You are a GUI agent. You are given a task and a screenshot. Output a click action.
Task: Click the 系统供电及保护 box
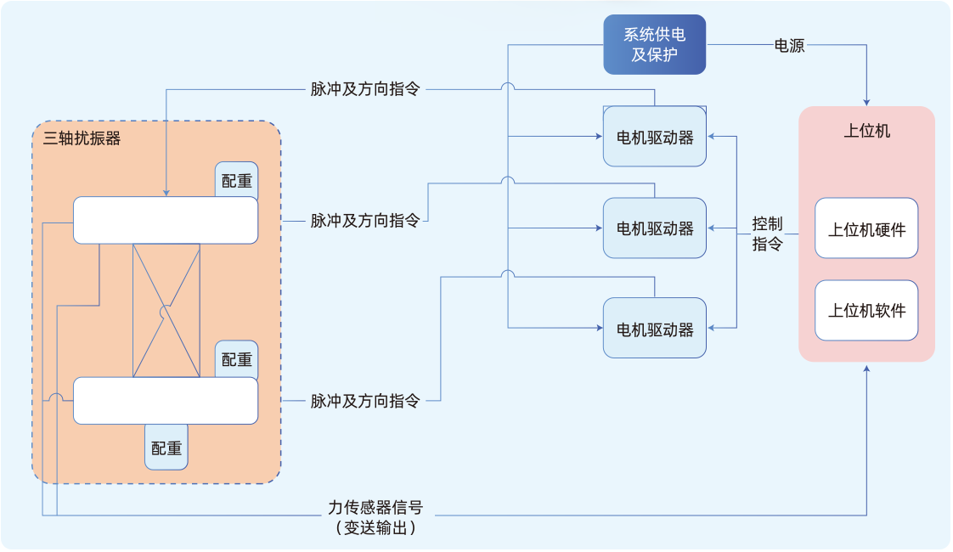pyautogui.click(x=654, y=44)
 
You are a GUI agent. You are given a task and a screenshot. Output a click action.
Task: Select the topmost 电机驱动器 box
pyautogui.click(x=654, y=137)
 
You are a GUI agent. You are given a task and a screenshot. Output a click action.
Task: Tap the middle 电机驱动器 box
pyautogui.click(x=654, y=228)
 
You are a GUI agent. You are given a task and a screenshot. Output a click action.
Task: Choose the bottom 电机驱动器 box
pyautogui.click(x=654, y=329)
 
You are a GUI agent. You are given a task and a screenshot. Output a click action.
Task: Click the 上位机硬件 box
pyautogui.click(x=866, y=228)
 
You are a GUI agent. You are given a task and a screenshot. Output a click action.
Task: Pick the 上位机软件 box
pyautogui.click(x=866, y=311)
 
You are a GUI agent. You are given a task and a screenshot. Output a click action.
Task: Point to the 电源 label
pyautogui.click(x=789, y=46)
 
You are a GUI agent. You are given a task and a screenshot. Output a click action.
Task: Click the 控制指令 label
pyautogui.click(x=767, y=234)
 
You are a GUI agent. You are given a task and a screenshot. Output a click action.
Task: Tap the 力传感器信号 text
pyautogui.click(x=375, y=508)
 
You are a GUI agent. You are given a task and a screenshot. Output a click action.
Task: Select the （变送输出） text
pyautogui.click(x=375, y=527)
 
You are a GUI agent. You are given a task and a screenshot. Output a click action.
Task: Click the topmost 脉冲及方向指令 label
pyautogui.click(x=365, y=89)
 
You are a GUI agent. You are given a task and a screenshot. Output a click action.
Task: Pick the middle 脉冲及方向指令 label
pyautogui.click(x=365, y=221)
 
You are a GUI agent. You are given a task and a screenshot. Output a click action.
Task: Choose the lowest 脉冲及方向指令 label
pyautogui.click(x=365, y=401)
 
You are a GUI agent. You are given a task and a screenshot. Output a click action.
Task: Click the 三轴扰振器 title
pyautogui.click(x=82, y=138)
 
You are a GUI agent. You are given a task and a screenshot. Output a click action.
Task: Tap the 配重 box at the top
pyautogui.click(x=236, y=180)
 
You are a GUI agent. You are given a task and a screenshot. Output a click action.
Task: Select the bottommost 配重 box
pyautogui.click(x=166, y=448)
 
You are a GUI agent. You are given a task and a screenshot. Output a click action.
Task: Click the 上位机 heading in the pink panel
pyautogui.click(x=866, y=131)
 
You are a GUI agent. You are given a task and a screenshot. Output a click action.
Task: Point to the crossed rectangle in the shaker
pyautogui.click(x=166, y=311)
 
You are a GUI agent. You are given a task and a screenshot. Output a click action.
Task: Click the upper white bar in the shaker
pyautogui.click(x=166, y=220)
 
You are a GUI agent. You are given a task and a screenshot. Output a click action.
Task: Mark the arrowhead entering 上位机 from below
pyautogui.click(x=866, y=368)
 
